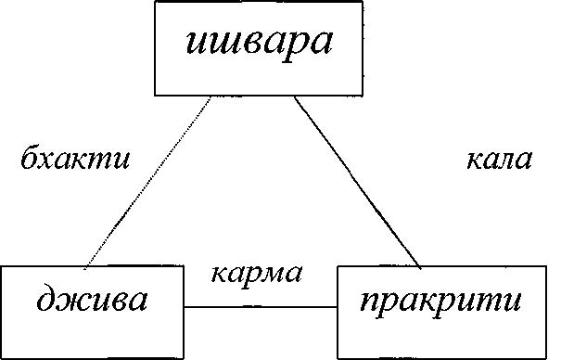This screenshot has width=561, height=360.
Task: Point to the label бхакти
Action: pyautogui.click(x=75, y=158)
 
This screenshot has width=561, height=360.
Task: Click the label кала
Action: pyautogui.click(x=499, y=160)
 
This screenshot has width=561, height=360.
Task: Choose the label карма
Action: pyautogui.click(x=257, y=274)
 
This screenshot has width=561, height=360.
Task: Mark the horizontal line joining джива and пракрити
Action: pyautogui.click(x=260, y=306)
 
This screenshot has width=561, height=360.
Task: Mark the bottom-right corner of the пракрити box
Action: pyautogui.click(x=543, y=357)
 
